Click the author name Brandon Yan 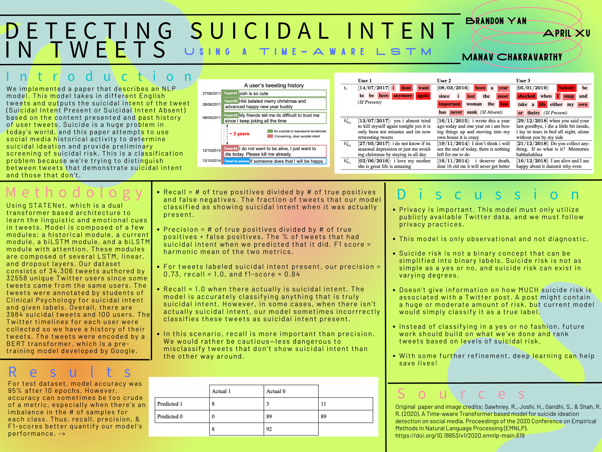[x=496, y=21]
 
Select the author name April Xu [x=566, y=33]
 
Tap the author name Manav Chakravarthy [x=512, y=57]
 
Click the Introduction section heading [x=100, y=77]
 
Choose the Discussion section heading [x=488, y=195]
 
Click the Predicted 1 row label [x=170, y=404]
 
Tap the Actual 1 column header [x=221, y=391]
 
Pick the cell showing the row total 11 [x=323, y=404]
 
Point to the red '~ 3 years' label [x=239, y=134]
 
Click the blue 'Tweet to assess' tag [x=236, y=161]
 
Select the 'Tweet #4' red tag [x=230, y=149]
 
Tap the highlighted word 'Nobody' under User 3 [x=566, y=88]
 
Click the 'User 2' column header [x=444, y=81]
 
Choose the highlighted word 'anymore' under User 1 [x=403, y=96]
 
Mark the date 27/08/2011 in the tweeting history [x=211, y=93]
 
